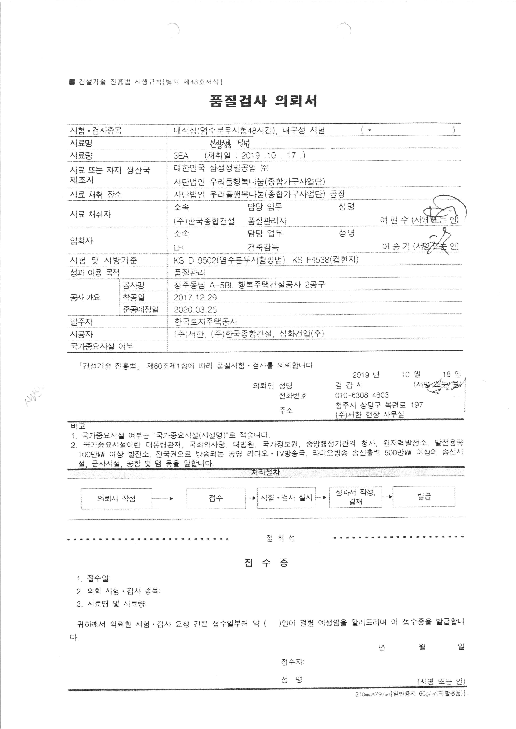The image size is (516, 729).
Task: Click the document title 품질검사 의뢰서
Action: pyautogui.click(x=263, y=101)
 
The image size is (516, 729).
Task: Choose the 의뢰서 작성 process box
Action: pyautogui.click(x=116, y=498)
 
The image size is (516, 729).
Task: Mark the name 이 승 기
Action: pyautogui.click(x=396, y=246)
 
